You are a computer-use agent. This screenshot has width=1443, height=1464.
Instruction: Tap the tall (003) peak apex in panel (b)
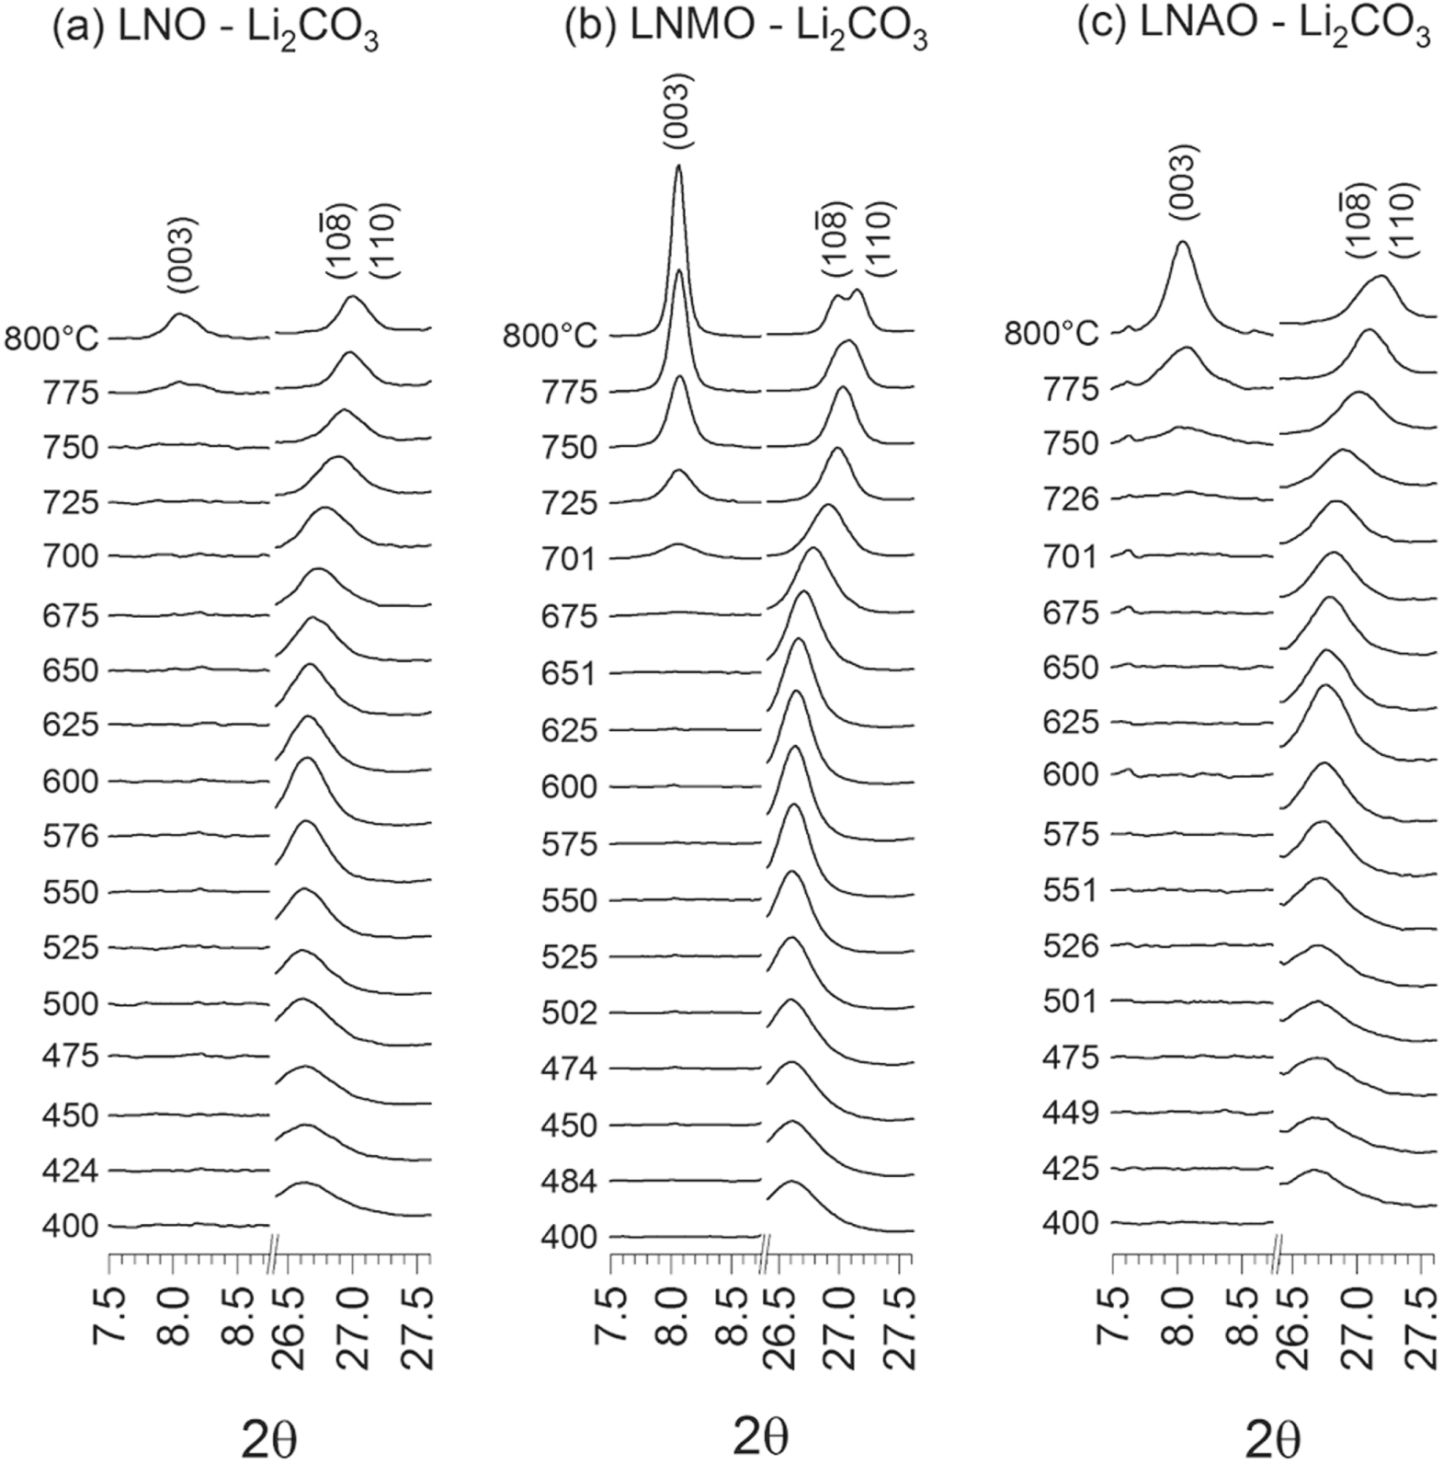coord(678,167)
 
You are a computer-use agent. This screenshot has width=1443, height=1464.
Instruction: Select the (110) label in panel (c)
coord(1405,218)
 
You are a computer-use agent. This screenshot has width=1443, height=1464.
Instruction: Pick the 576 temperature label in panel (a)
coord(70,836)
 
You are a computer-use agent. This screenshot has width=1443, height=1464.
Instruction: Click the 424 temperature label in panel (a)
coord(70,1170)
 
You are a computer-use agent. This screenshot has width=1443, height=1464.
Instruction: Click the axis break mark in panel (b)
coord(764,1254)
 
